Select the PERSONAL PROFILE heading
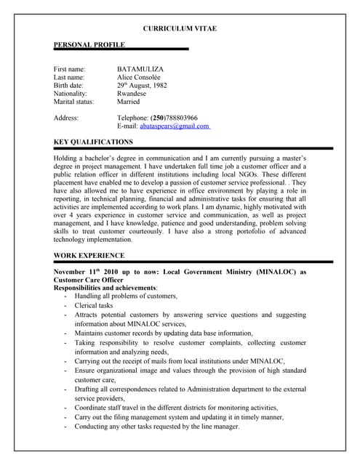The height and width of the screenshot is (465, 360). pyautogui.click(x=89, y=45)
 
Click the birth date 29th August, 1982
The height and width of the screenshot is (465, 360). pyautogui.click(x=147, y=86)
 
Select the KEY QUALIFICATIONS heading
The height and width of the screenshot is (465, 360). pyautogui.click(x=94, y=142)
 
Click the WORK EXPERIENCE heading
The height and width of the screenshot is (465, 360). pyautogui.click(x=89, y=255)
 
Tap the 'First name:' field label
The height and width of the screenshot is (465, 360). pyautogui.click(x=70, y=69)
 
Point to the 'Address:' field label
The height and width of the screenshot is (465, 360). pyautogui.click(x=66, y=118)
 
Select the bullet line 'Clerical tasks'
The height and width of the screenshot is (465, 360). pyautogui.click(x=94, y=306)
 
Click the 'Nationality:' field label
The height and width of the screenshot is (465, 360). pyautogui.click(x=71, y=94)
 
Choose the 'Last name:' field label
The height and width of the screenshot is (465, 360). pyautogui.click(x=69, y=77)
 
